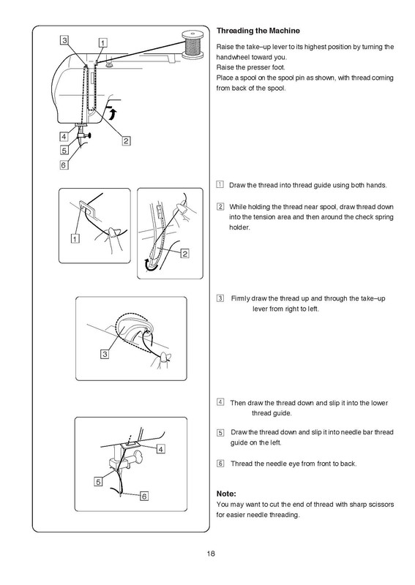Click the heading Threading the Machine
258,31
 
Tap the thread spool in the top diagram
193,45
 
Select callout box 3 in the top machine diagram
64,40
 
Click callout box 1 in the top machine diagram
102,42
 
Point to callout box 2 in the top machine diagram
126,140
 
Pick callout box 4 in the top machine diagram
64,137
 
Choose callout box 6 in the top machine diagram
64,165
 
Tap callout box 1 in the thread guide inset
75,238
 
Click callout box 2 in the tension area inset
185,254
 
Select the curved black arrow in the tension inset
152,266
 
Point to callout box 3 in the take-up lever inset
105,354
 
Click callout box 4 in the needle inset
160,449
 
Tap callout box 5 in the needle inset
98,482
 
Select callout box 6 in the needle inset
144,497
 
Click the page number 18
211,554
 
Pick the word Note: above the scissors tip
226,494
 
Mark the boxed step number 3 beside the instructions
220,298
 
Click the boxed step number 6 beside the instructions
220,464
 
